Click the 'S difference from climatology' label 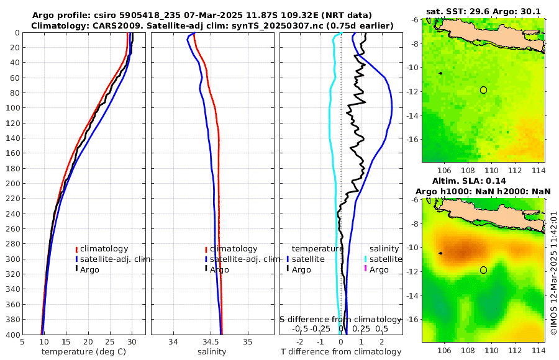point(340,319)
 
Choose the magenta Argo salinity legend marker point(365,269)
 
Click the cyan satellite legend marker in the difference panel point(365,259)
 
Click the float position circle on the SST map point(483,90)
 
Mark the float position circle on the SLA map point(483,270)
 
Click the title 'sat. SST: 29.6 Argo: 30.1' point(483,11)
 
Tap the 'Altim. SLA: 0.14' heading point(483,181)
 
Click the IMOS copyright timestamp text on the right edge point(554,273)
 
